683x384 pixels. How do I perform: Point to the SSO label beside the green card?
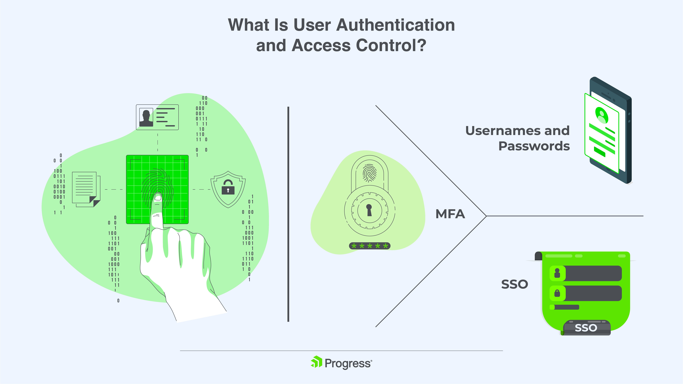click(x=514, y=284)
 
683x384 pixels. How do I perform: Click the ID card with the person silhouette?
click(x=157, y=117)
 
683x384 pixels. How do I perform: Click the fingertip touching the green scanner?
click(x=158, y=197)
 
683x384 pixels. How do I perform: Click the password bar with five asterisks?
click(x=370, y=246)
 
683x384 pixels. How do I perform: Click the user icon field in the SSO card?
click(x=585, y=273)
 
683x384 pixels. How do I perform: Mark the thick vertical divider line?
click(x=288, y=214)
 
